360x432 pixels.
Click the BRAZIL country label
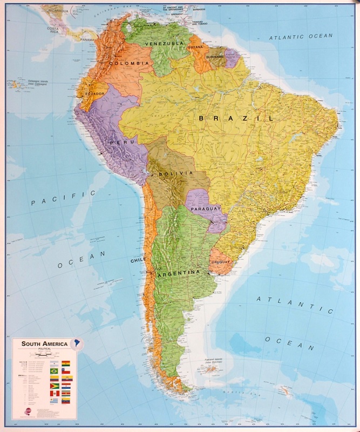click(x=235, y=118)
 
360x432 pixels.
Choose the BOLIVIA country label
click(x=176, y=173)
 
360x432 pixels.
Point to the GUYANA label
click(x=195, y=47)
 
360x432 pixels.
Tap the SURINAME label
click(x=214, y=56)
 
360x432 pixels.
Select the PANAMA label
click(x=88, y=40)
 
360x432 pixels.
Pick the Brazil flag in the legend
click(x=53, y=371)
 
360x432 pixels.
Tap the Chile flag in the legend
click(x=66, y=371)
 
